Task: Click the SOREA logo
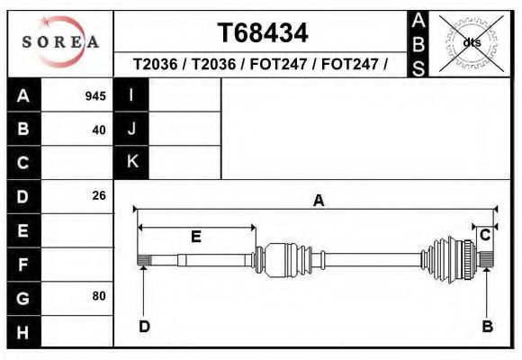[x=60, y=41]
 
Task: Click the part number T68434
[x=263, y=33]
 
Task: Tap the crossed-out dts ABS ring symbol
[x=472, y=43]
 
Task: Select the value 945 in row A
[x=95, y=96]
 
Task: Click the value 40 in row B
[x=99, y=130]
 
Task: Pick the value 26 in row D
[x=99, y=195]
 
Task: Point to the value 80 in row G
[x=99, y=296]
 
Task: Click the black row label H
[x=24, y=332]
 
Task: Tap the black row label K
[x=131, y=162]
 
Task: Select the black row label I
[x=131, y=94]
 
